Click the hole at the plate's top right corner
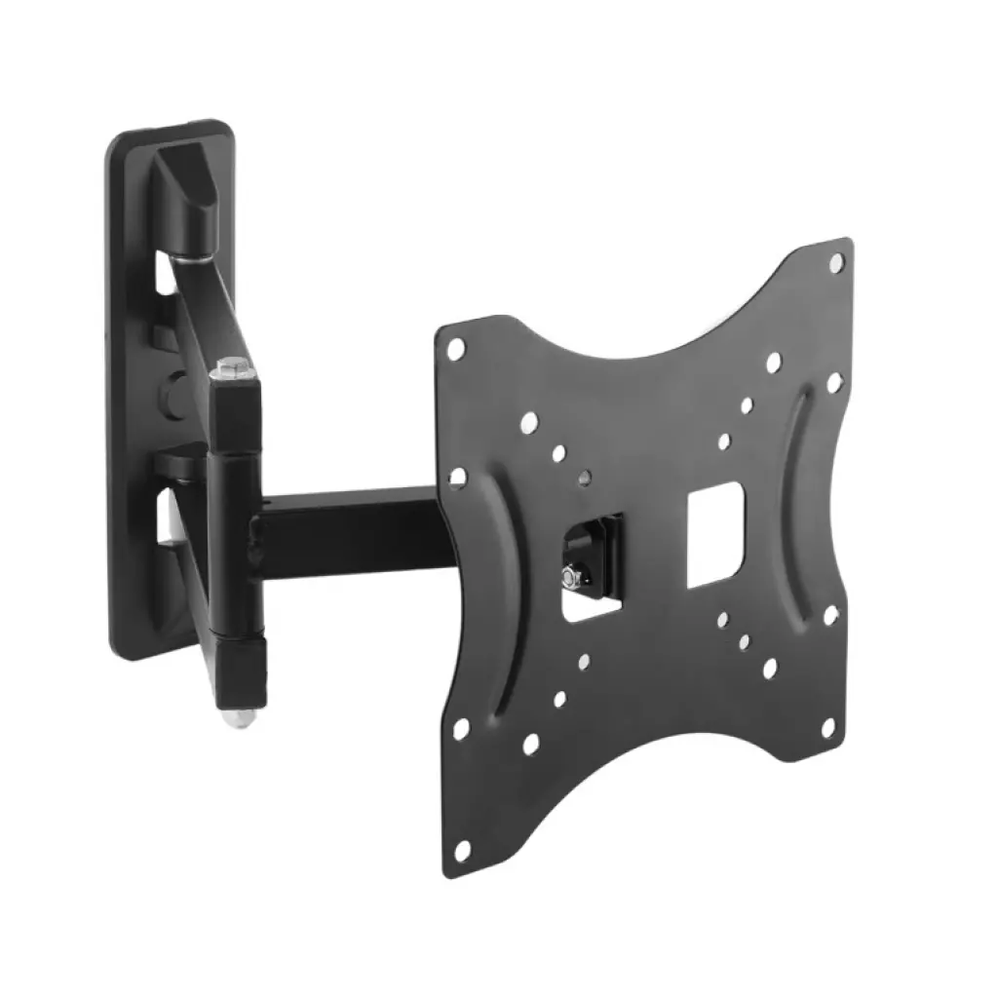tap(836, 261)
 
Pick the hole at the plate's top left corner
tap(455, 345)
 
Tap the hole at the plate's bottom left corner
tap(462, 850)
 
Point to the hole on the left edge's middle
tap(456, 477)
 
